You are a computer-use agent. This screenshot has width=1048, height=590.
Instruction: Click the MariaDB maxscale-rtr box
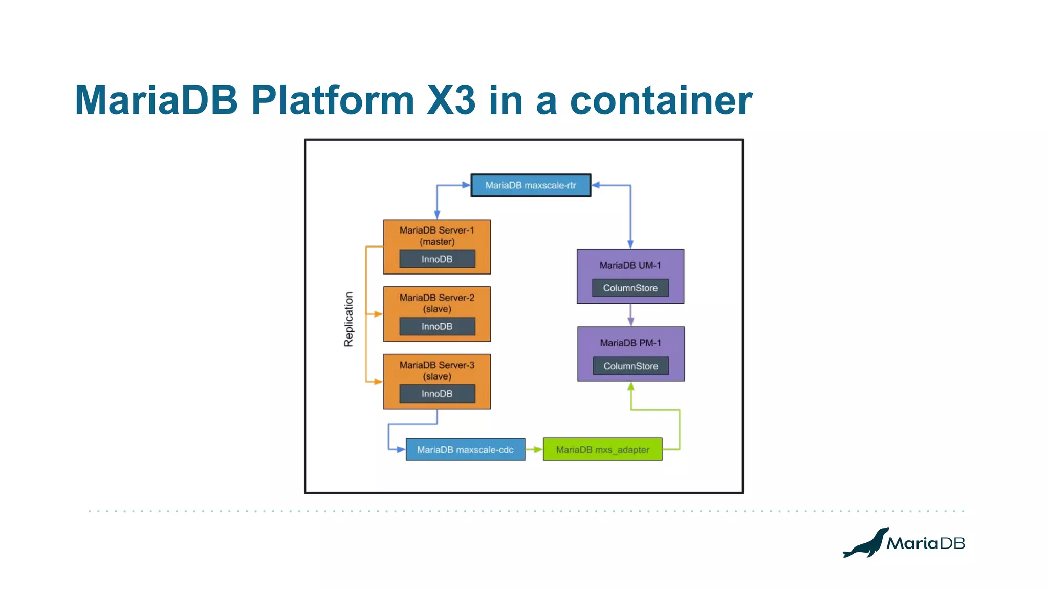pos(531,185)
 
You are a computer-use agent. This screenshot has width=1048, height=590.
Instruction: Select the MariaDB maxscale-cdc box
pos(465,450)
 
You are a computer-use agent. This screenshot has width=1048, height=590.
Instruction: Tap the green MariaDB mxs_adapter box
pos(602,450)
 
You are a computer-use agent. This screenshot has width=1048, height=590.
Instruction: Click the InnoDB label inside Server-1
pos(437,259)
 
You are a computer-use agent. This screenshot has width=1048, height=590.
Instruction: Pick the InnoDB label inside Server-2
pos(437,327)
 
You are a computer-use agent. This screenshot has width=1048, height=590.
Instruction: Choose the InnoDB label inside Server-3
pos(437,394)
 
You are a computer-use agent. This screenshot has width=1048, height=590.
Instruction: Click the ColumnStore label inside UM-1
pos(630,288)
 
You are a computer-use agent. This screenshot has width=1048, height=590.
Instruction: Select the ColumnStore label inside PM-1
pos(630,366)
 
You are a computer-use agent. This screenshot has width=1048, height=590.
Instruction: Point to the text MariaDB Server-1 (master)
pos(437,236)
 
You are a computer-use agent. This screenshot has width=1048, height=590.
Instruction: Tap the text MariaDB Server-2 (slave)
pos(437,303)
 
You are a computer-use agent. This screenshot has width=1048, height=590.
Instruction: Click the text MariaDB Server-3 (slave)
pos(437,370)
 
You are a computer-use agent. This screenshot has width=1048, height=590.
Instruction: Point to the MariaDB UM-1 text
pos(630,265)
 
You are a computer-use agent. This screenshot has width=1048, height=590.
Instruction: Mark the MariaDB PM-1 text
pos(630,343)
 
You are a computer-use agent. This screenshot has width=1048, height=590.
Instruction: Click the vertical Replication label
pos(348,320)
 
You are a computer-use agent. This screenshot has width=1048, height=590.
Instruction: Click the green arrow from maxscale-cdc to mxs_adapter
pos(534,450)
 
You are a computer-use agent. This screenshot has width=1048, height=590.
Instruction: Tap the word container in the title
pos(661,100)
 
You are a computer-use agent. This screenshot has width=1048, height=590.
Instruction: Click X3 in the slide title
pos(451,100)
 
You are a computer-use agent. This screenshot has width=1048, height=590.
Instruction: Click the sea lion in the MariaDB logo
pos(866,544)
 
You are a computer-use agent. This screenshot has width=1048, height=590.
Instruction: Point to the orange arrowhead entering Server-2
pos(378,314)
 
